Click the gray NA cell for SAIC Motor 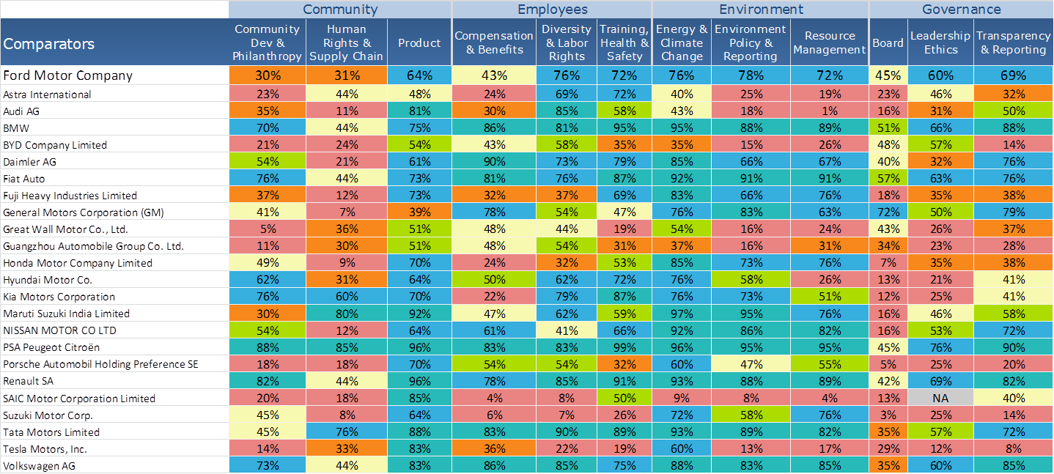tap(940, 398)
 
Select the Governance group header tap(961, 10)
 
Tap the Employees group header tap(552, 10)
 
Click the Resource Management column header tap(830, 42)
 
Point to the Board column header tap(888, 42)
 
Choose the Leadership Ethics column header tap(940, 42)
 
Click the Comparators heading tap(48, 43)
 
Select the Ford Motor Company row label tap(68, 75)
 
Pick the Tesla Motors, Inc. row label tap(45, 448)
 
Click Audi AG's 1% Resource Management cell tap(830, 111)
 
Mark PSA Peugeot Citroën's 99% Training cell tap(624, 347)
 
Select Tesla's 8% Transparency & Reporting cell tap(1014, 448)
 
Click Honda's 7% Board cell tap(888, 262)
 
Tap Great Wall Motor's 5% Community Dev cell tap(268, 229)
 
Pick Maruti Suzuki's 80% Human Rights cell tap(346, 314)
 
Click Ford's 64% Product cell tap(419, 75)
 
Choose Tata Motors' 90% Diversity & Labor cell tap(567, 432)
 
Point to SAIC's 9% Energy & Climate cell tap(682, 398)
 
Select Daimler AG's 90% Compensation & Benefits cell tap(494, 161)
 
